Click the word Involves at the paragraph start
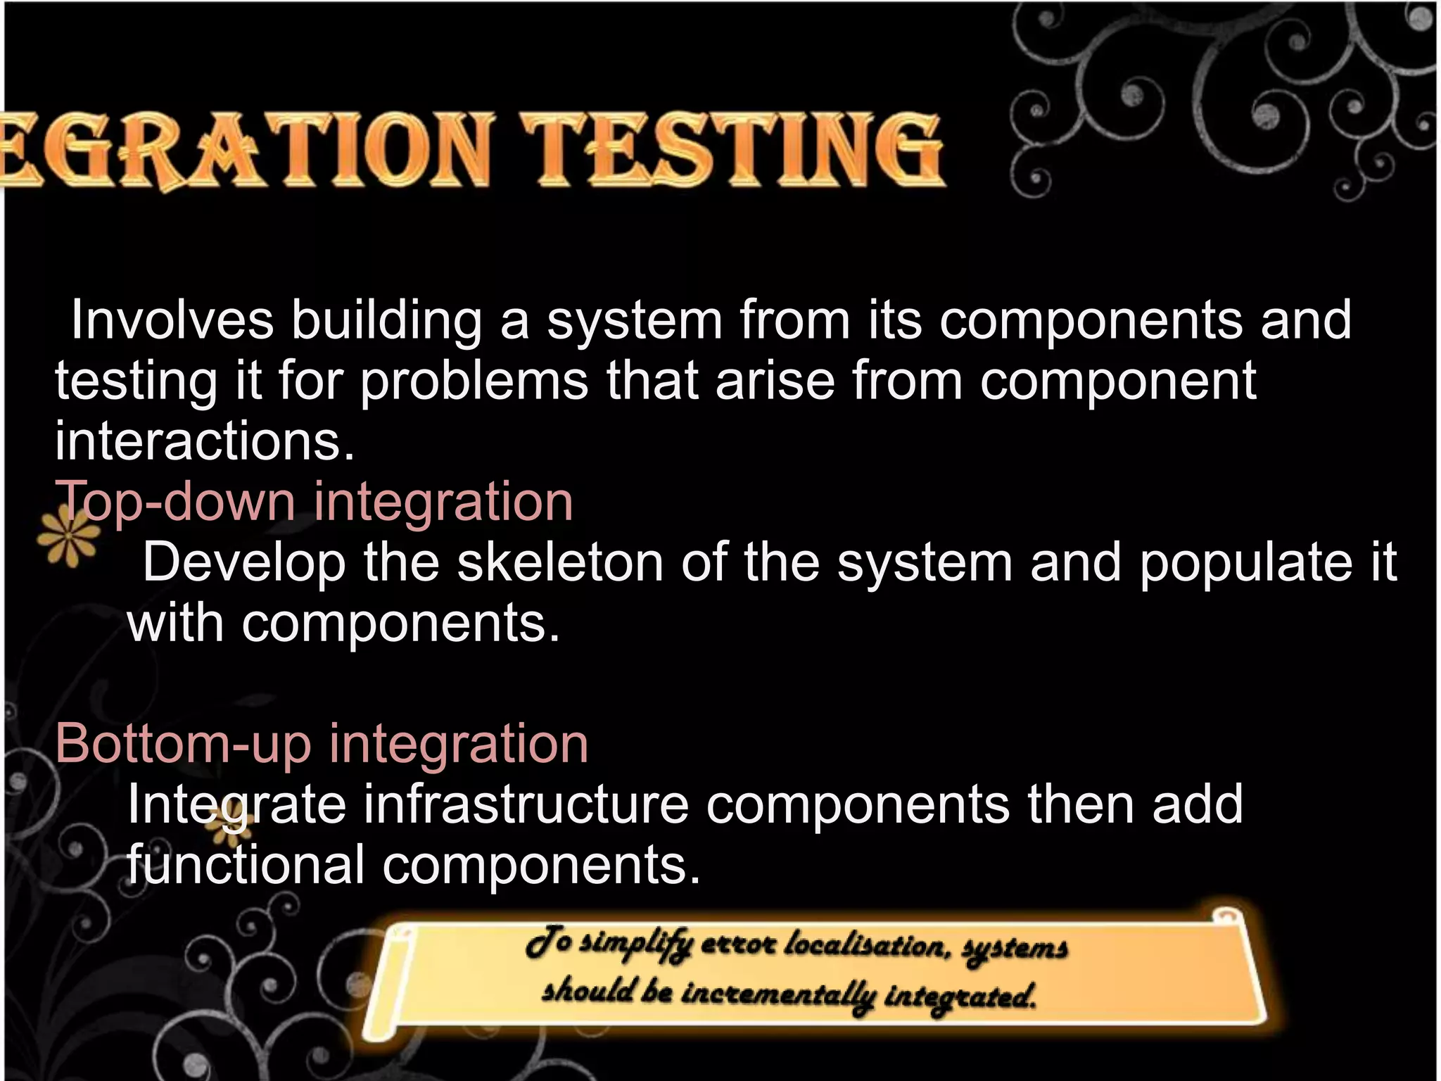click(172, 320)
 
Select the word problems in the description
click(474, 381)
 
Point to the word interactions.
click(205, 441)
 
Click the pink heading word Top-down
click(175, 502)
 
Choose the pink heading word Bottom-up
click(183, 743)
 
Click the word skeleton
click(560, 562)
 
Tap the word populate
click(1245, 564)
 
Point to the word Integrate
click(236, 805)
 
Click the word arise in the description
click(775, 381)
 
